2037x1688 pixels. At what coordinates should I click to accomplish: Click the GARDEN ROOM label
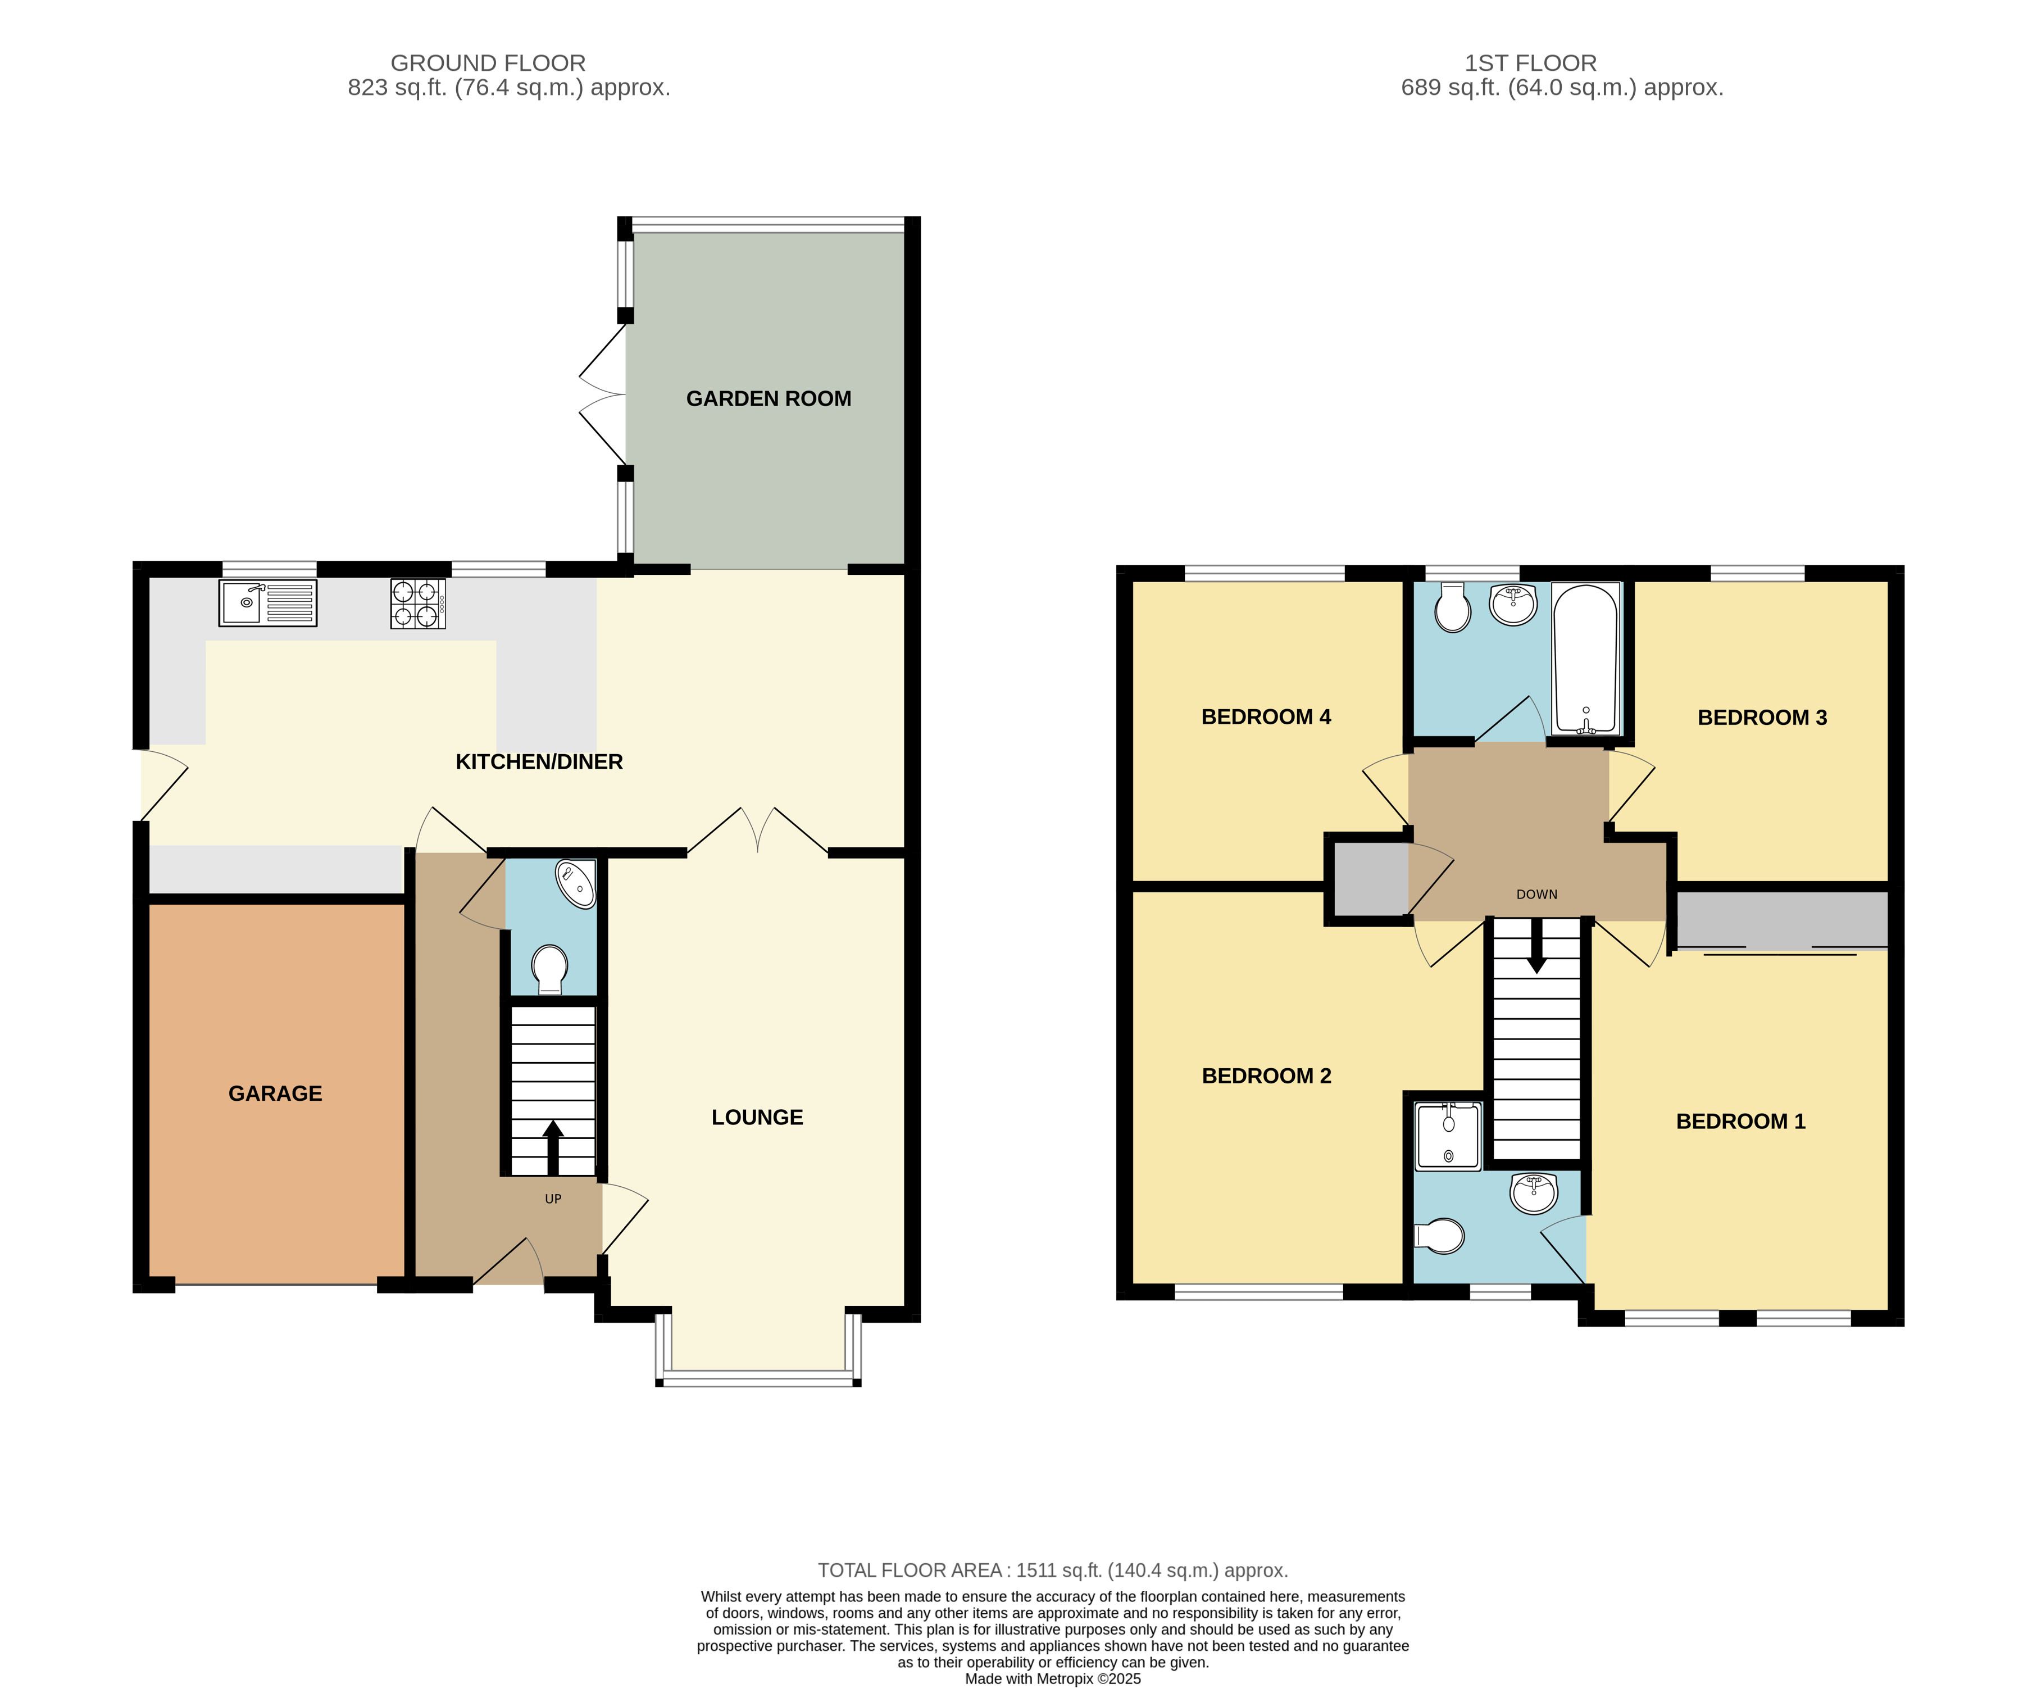point(769,399)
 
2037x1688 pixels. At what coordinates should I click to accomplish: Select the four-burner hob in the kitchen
point(418,603)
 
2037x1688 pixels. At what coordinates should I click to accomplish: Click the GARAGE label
point(275,1093)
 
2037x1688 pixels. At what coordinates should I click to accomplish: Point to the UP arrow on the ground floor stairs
point(553,1147)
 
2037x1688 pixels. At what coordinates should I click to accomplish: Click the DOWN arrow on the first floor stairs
point(1536,946)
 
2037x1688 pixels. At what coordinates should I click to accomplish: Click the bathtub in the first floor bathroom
point(1586,659)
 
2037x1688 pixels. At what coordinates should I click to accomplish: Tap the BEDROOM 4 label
point(1266,717)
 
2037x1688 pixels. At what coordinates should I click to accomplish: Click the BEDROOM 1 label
point(1741,1122)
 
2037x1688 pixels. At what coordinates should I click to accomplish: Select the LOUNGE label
point(758,1118)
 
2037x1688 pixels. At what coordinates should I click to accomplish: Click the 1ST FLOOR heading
point(1531,63)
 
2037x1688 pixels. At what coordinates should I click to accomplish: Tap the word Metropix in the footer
point(1068,1678)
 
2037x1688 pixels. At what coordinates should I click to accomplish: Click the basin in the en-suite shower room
point(1534,1194)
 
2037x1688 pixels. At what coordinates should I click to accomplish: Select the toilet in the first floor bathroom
point(1452,607)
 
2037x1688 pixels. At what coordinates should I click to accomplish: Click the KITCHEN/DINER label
point(539,763)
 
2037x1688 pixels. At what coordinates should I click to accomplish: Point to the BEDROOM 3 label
point(1762,718)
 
